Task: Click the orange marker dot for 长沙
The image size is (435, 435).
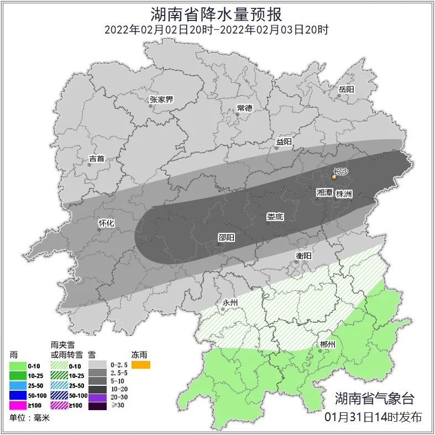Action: pos(334,177)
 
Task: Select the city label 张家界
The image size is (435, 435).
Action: pos(161,100)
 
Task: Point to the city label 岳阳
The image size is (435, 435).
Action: pos(346,89)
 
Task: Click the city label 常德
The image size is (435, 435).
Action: pos(244,108)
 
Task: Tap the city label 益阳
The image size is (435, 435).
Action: pos(284,142)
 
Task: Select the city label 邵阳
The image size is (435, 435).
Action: pos(226,237)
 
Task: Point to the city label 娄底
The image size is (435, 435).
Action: pos(275,217)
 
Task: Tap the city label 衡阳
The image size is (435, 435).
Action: pos(304,255)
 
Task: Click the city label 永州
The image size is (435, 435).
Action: pos(229,303)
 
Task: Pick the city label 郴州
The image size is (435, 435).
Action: pos(327,344)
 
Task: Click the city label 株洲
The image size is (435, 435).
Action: pos(344,194)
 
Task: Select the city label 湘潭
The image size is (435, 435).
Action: pos(324,193)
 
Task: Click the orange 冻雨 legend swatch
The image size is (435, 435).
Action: pos(140,365)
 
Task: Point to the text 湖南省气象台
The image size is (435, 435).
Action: pos(374,398)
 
